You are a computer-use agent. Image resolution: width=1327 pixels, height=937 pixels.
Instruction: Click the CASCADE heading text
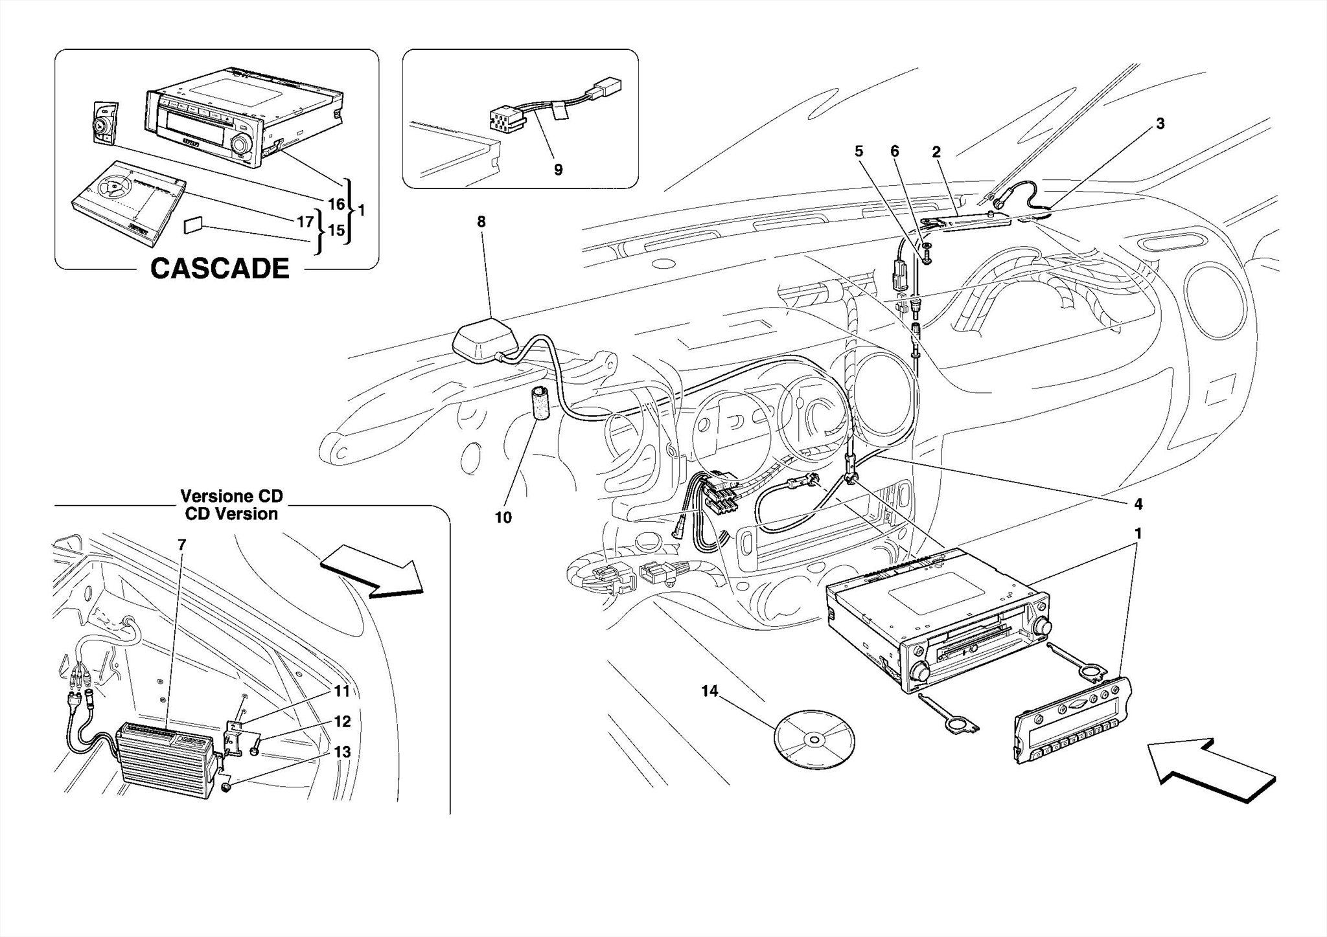tap(220, 269)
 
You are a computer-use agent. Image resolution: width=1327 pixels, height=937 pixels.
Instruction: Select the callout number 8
tap(481, 222)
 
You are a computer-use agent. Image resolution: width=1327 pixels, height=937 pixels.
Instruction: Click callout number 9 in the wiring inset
tap(558, 170)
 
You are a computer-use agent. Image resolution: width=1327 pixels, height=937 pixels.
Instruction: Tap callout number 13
tap(342, 752)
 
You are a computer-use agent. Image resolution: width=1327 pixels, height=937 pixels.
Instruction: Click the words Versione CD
tap(231, 497)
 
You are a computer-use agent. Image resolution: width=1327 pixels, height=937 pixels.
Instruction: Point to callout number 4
tap(1138, 504)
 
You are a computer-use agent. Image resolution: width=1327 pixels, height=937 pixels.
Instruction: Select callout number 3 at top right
tap(1160, 124)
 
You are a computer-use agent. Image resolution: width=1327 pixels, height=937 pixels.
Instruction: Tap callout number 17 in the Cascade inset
tap(305, 222)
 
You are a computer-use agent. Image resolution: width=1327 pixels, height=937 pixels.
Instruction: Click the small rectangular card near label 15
tap(193, 225)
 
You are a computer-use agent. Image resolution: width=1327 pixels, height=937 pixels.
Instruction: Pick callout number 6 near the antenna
tap(894, 152)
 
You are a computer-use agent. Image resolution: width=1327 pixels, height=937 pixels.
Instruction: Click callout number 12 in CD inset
tap(342, 721)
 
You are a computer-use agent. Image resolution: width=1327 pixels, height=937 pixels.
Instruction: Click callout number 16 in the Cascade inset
tap(336, 205)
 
